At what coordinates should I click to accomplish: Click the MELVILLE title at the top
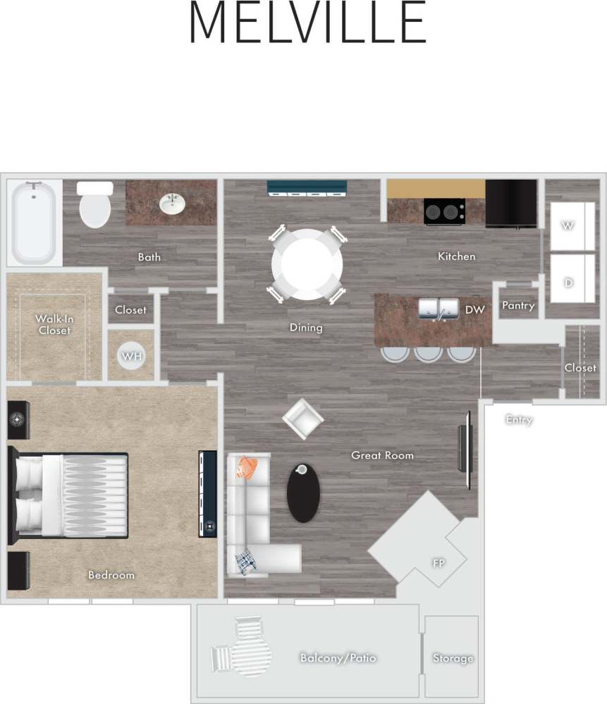[307, 23]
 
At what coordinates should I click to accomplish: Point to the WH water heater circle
[131, 356]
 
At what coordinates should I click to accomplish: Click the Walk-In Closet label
[55, 324]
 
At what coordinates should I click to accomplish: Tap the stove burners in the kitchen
[444, 211]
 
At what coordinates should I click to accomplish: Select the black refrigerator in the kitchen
[511, 204]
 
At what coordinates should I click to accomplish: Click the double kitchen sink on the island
[439, 309]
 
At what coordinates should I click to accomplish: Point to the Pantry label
[518, 306]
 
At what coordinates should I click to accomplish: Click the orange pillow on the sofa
[247, 467]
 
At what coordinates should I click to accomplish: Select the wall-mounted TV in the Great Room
[465, 450]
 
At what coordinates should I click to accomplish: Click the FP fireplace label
[437, 563]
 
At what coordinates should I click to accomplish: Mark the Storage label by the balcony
[453, 658]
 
